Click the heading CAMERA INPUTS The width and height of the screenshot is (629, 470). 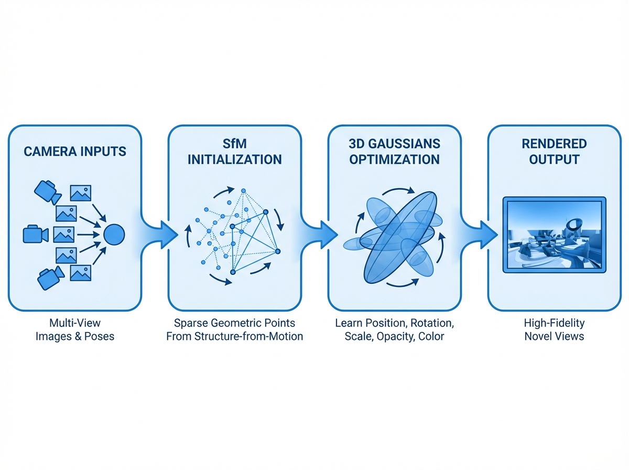pyautogui.click(x=75, y=152)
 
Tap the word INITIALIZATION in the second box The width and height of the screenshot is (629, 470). pyautogui.click(x=234, y=159)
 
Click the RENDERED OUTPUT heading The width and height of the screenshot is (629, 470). pyautogui.click(x=555, y=152)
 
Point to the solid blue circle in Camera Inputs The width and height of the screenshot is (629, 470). pyautogui.click(x=114, y=234)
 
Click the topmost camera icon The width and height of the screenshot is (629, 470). pyautogui.click(x=46, y=190)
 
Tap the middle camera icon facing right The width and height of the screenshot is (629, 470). pyautogui.click(x=35, y=234)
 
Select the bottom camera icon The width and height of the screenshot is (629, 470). pyautogui.click(x=49, y=277)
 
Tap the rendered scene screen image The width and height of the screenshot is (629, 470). pyautogui.click(x=554, y=234)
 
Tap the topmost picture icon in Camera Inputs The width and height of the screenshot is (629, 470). pyautogui.click(x=80, y=193)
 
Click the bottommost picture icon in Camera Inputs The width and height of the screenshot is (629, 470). pyautogui.click(x=80, y=272)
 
